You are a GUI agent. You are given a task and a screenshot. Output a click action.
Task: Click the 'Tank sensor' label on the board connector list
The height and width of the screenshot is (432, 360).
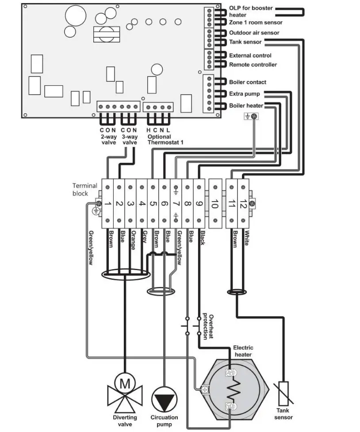tap(245, 42)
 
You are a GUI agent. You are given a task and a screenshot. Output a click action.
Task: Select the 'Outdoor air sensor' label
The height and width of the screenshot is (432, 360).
tap(254, 33)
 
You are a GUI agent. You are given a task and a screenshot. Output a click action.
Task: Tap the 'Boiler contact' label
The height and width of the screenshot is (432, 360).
tap(248, 82)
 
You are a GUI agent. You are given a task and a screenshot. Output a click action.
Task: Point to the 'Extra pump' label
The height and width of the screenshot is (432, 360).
tap(244, 94)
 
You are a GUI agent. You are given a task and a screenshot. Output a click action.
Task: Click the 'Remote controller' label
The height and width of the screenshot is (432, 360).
tap(253, 65)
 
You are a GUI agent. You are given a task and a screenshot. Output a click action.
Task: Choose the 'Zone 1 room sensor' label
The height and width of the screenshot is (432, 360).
tap(256, 22)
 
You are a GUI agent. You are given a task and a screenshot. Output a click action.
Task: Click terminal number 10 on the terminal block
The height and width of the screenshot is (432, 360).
tap(214, 204)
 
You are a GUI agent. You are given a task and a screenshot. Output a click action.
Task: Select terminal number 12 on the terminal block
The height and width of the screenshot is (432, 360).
tap(243, 204)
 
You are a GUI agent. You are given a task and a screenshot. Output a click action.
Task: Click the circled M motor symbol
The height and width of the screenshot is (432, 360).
tap(125, 383)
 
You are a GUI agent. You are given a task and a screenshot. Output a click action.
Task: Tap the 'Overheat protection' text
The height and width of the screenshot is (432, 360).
tap(208, 326)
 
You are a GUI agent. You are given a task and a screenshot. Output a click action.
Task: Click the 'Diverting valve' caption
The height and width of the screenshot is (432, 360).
tap(125, 421)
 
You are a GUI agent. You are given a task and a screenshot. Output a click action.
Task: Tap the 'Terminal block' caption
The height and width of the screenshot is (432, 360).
tap(85, 189)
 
